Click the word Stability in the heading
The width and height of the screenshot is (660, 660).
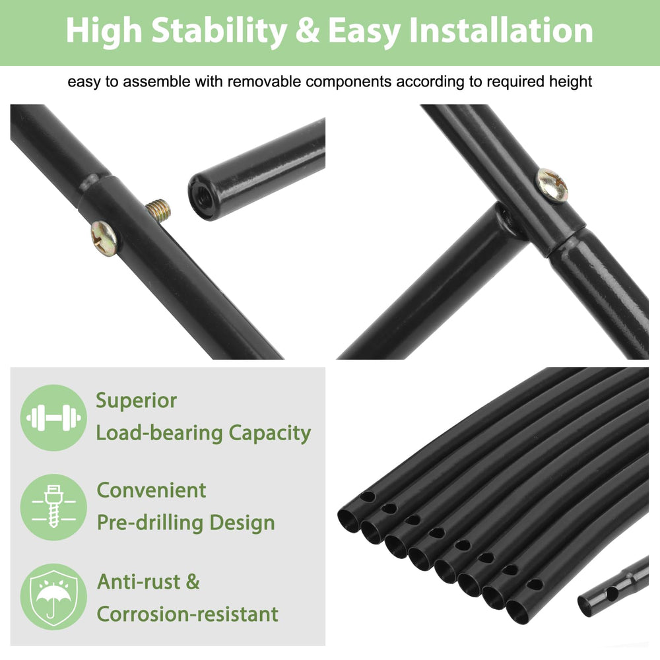[219, 31]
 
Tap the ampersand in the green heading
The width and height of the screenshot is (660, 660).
[308, 31]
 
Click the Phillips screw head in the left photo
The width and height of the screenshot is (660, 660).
[104, 239]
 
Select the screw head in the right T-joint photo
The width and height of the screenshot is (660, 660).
[552, 185]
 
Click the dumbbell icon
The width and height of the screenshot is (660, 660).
[53, 418]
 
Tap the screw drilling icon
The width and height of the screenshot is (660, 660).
[53, 507]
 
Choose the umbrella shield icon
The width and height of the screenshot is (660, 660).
[53, 597]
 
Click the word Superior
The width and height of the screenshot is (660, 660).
[137, 401]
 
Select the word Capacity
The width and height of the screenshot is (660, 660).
[270, 434]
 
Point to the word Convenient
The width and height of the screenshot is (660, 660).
[152, 490]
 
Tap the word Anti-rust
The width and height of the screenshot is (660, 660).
[139, 582]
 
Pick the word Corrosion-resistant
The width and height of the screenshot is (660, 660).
[187, 614]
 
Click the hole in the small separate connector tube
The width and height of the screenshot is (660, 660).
[612, 595]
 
